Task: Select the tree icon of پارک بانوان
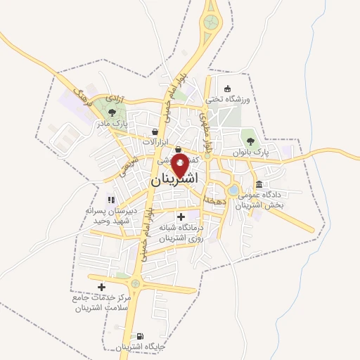251,141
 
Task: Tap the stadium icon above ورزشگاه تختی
227,89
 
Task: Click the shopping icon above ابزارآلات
155,131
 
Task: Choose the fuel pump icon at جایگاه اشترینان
139,336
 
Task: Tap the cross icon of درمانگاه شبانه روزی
181,217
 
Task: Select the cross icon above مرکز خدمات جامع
102,287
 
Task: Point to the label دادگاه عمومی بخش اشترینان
261,199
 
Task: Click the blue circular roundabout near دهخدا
233,189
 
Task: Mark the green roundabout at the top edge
211,23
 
